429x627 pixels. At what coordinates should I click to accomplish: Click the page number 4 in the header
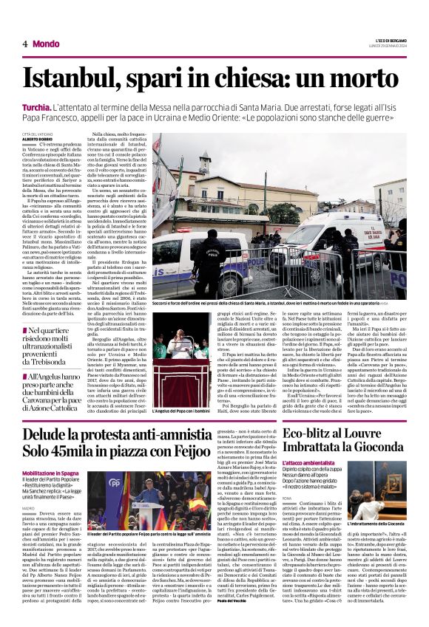click(x=25, y=44)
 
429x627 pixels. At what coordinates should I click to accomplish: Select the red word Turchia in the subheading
click(x=37, y=109)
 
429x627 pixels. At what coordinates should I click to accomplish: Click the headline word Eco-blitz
click(x=294, y=434)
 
